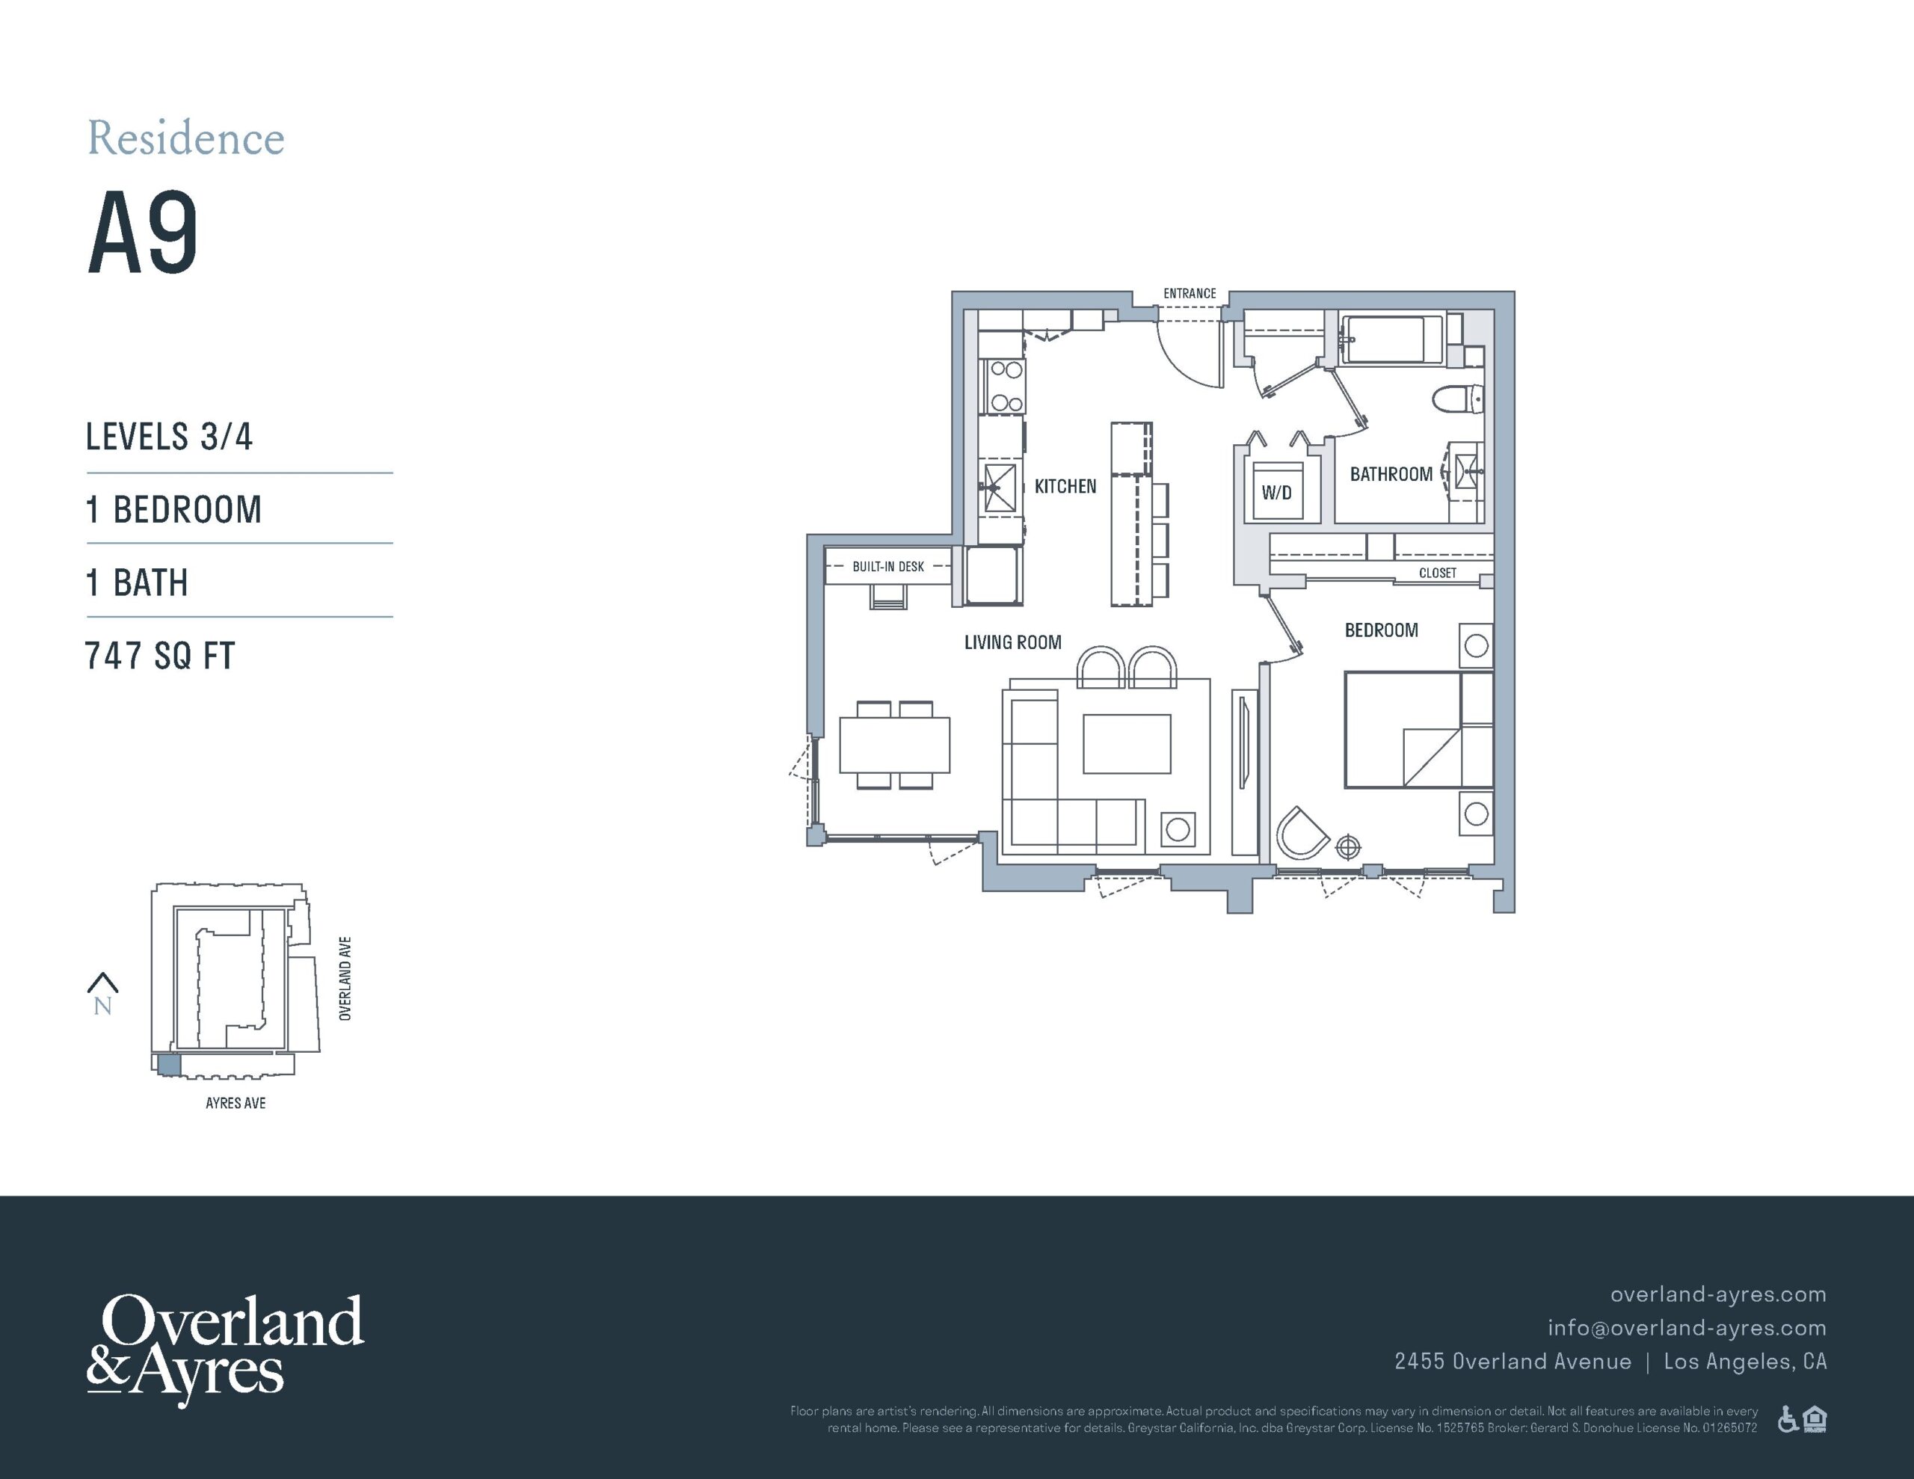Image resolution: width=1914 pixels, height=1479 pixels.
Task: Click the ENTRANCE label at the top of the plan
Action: [1190, 294]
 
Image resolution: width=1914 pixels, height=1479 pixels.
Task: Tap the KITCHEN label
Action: [1065, 487]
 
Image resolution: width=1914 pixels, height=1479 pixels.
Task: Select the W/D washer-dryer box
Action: [1277, 491]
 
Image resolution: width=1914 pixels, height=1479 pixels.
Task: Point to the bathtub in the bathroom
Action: [1391, 339]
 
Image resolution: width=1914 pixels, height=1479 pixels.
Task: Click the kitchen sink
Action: [1000, 488]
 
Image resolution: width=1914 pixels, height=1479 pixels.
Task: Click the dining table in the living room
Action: [894, 744]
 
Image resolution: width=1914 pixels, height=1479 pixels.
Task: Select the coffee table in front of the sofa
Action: [1126, 743]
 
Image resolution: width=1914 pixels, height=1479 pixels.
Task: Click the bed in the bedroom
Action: [1418, 730]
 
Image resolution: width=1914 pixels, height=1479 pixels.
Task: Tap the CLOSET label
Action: [1437, 574]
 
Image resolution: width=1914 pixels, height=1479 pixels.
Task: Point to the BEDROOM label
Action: [1381, 630]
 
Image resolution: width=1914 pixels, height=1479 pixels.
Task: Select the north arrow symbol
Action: [103, 983]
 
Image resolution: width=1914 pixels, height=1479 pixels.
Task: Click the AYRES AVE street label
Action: [236, 1103]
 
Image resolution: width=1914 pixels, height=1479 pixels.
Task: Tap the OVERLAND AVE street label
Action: [345, 979]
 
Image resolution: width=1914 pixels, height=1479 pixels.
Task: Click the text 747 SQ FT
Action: [161, 656]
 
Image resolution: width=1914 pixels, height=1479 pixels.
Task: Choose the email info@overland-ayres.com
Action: [1687, 1327]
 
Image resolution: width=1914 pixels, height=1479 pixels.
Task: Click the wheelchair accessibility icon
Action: [1788, 1418]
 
